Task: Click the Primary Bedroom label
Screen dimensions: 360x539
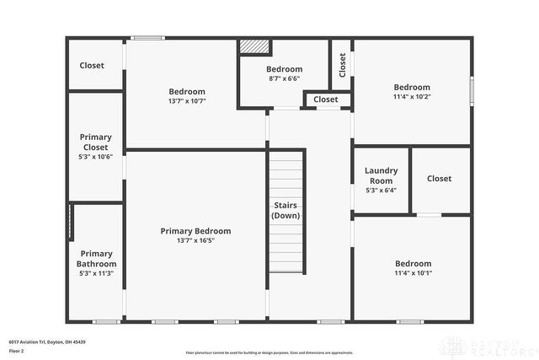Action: pyautogui.click(x=195, y=230)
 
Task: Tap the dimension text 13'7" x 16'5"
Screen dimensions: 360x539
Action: pyautogui.click(x=195, y=240)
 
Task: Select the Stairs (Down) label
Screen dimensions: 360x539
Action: pyautogui.click(x=285, y=210)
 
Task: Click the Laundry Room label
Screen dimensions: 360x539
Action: pyautogui.click(x=381, y=175)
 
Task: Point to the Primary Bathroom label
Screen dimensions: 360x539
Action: pyautogui.click(x=96, y=258)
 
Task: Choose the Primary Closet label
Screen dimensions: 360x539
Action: pyautogui.click(x=95, y=142)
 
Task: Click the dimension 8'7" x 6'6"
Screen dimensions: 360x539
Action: pyautogui.click(x=284, y=78)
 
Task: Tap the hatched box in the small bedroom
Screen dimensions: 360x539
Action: pyautogui.click(x=252, y=47)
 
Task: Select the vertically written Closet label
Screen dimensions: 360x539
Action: pyautogui.click(x=342, y=64)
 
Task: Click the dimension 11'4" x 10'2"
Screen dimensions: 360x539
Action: pyautogui.click(x=412, y=97)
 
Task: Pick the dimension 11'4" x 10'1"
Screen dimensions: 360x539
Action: pyautogui.click(x=412, y=273)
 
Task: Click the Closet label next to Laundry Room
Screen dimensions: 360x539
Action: pyautogui.click(x=439, y=179)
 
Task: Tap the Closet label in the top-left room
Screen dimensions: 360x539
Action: pyautogui.click(x=92, y=66)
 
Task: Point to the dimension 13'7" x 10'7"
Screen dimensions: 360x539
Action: pyautogui.click(x=187, y=101)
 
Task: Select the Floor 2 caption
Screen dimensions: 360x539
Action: pyautogui.click(x=18, y=348)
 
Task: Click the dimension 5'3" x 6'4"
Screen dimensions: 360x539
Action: pyautogui.click(x=381, y=191)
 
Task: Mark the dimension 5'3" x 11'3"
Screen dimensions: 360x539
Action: pyautogui.click(x=96, y=272)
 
